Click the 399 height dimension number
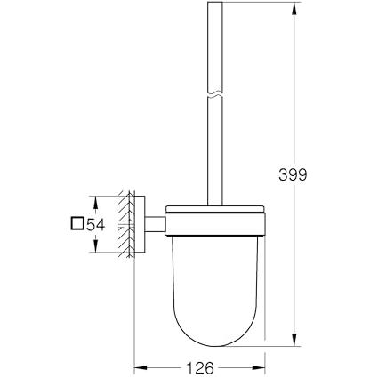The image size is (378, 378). (x=293, y=174)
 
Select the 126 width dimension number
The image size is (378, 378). (x=200, y=368)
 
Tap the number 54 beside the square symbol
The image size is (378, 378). (x=95, y=224)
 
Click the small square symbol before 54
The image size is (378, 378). (x=77, y=223)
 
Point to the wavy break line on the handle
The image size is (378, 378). (x=214, y=95)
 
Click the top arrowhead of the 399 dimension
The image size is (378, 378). (x=294, y=9)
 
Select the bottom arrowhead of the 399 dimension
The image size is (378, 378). (x=294, y=339)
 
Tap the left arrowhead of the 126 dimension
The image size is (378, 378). (x=141, y=368)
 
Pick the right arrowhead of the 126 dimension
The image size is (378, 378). (x=258, y=368)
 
